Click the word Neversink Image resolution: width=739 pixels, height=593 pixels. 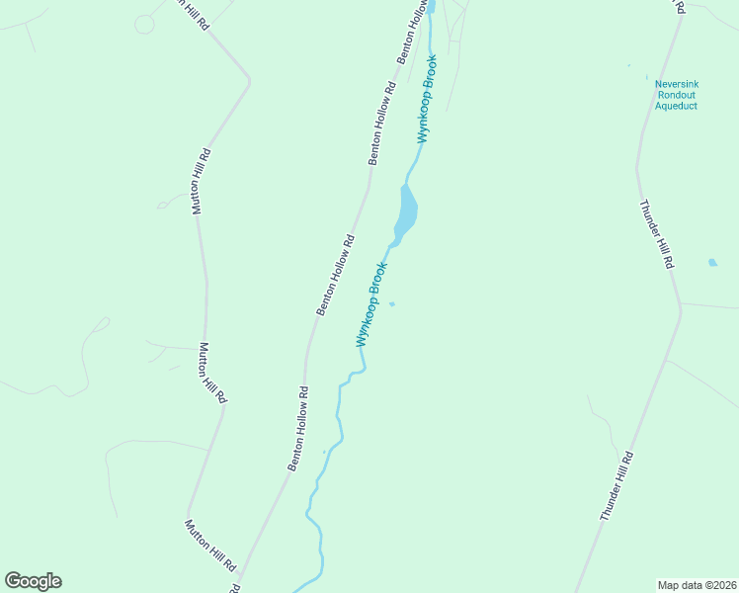tap(677, 84)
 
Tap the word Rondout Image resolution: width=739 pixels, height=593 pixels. tap(677, 95)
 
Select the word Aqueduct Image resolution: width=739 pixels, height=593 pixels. tap(677, 106)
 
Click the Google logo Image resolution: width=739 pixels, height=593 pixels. tap(33, 581)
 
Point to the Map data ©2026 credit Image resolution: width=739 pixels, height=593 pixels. tap(698, 584)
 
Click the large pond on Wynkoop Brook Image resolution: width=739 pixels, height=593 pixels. tap(406, 210)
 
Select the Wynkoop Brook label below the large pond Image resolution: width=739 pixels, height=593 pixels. tap(371, 303)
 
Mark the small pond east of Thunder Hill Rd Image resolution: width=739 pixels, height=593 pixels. tap(712, 263)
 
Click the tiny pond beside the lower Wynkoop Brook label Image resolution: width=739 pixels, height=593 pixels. tap(392, 303)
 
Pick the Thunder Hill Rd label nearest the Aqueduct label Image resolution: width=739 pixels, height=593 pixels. tap(656, 234)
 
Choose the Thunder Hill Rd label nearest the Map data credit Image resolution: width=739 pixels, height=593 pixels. tap(616, 486)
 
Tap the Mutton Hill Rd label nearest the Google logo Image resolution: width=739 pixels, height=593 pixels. tap(211, 546)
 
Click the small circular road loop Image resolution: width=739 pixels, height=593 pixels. tap(144, 24)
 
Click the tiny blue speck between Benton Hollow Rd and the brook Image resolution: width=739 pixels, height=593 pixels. tap(324, 453)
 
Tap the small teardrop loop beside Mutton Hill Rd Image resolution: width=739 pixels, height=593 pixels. tap(163, 205)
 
